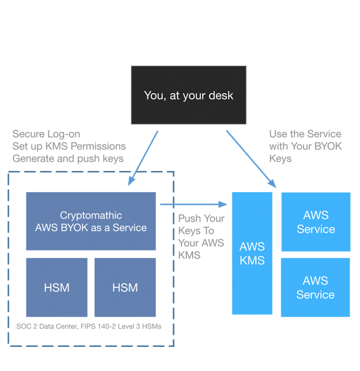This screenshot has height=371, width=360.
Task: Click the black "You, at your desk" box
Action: coord(189,95)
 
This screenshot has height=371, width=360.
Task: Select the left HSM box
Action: coord(57,288)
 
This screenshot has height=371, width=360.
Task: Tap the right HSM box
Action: coord(125,288)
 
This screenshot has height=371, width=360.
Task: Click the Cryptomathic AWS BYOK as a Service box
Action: coord(91,221)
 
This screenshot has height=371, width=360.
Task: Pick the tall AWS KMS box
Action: coord(252,253)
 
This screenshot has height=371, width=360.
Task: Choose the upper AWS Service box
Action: coord(316,222)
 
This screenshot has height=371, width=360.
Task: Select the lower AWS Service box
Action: coord(315,288)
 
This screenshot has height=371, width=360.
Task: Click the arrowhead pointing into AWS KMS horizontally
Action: coord(223,204)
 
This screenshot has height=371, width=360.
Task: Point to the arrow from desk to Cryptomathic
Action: coord(143,158)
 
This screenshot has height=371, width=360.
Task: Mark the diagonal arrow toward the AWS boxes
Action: coord(251,159)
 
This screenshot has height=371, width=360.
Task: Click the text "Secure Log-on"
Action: coord(46,134)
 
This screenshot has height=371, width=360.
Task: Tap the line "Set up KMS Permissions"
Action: coord(69,146)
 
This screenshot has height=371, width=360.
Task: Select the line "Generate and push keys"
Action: coord(68,159)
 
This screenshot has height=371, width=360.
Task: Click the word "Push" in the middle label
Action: coord(189,218)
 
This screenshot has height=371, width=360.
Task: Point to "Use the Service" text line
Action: coord(305,134)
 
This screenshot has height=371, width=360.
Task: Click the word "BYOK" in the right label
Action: coord(328,146)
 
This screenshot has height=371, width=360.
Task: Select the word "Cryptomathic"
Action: coord(91,215)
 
